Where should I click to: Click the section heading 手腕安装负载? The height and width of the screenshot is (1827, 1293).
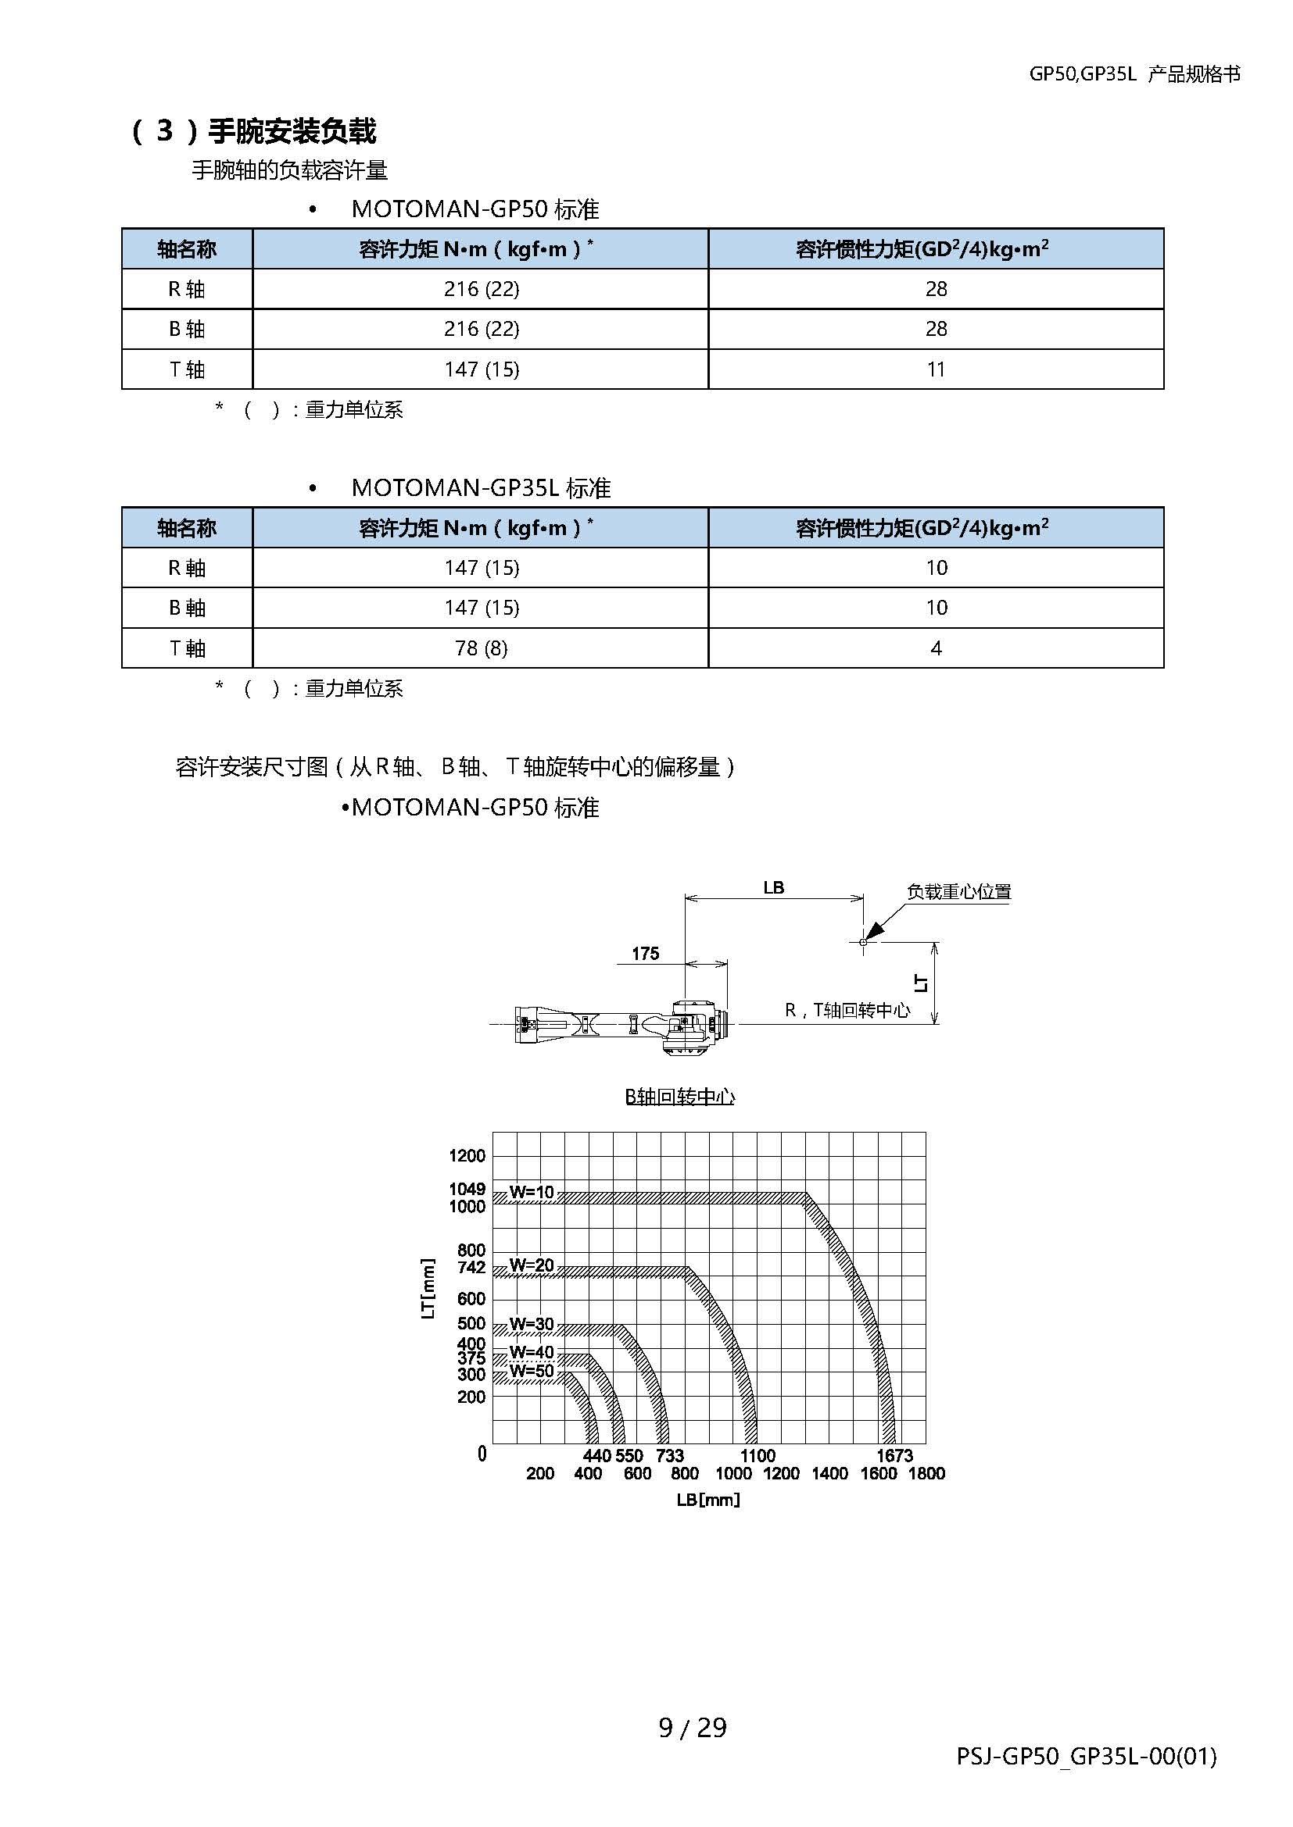coord(292,131)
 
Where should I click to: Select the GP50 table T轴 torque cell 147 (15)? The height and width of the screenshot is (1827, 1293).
coord(481,369)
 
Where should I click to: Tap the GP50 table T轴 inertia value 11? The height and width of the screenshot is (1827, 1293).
coord(936,369)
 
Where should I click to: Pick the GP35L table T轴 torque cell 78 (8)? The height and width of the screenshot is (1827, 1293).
coord(481,648)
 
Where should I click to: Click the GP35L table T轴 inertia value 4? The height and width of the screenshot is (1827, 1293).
coord(936,648)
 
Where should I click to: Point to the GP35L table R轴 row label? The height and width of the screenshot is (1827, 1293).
coord(186,567)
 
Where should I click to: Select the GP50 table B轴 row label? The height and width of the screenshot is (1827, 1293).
coord(186,329)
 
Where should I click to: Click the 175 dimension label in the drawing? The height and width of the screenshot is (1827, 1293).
coord(645,953)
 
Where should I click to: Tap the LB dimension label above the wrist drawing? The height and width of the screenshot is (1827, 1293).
coord(773,887)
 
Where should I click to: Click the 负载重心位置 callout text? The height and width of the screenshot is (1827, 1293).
coord(958,892)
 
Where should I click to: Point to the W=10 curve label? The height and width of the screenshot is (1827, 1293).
coord(531,1192)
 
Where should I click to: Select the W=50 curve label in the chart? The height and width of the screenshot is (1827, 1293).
coord(531,1371)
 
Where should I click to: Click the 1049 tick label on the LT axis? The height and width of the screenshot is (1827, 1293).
coord(467,1189)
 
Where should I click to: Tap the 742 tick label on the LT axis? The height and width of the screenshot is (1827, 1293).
coord(471,1267)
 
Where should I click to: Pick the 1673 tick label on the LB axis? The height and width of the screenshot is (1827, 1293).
coord(894,1455)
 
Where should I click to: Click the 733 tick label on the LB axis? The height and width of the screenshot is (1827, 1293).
coord(670,1455)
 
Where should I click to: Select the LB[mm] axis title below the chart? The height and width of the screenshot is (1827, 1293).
coord(707,1500)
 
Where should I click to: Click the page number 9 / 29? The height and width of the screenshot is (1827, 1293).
coord(693,1728)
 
